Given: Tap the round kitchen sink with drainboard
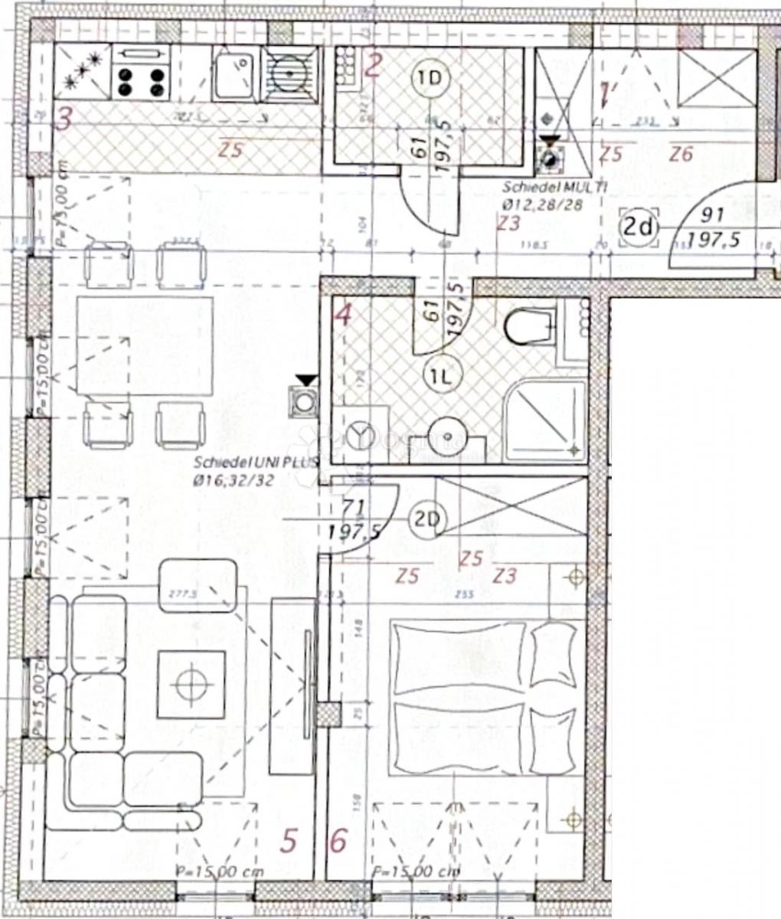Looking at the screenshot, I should pos(289,75).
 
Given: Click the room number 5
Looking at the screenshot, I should pos(288,841).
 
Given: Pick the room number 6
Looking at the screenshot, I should pos(338,841).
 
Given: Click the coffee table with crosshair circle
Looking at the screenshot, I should pos(191,684).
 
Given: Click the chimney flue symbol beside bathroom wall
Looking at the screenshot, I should pos(305,400).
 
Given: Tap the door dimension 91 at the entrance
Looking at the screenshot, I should pos(712,216).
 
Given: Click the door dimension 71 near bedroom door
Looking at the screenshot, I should pos(355,507).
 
